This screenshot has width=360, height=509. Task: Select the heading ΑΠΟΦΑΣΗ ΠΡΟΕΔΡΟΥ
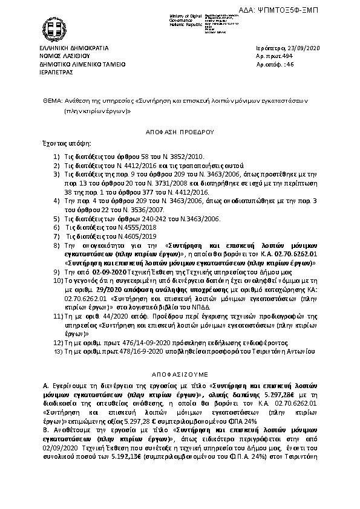pos(180,130)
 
